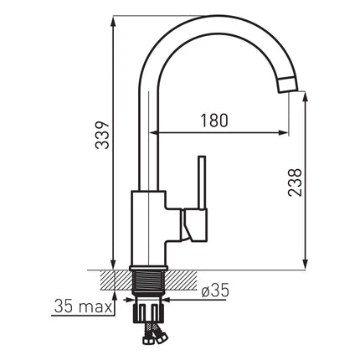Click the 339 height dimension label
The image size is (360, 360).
(102, 136)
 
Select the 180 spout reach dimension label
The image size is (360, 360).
(214, 121)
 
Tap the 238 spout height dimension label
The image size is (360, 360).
(296, 183)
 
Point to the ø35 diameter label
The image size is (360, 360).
(215, 291)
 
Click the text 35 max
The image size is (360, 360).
(83, 306)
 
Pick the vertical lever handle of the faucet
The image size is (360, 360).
(202, 183)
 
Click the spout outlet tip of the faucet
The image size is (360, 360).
(287, 85)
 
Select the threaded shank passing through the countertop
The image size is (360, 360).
(148, 281)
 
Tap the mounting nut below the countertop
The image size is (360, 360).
(148, 312)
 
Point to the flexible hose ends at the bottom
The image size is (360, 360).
(153, 333)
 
